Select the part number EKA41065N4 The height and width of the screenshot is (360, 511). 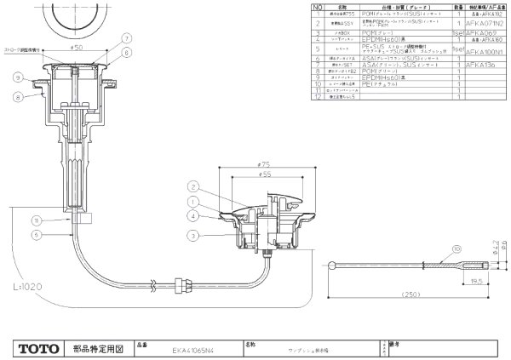[191, 349]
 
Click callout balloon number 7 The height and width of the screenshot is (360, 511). [126, 37]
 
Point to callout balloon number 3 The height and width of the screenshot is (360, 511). [194, 234]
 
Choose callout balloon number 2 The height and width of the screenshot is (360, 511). [194, 186]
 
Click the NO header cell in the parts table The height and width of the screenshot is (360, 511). [318, 5]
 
